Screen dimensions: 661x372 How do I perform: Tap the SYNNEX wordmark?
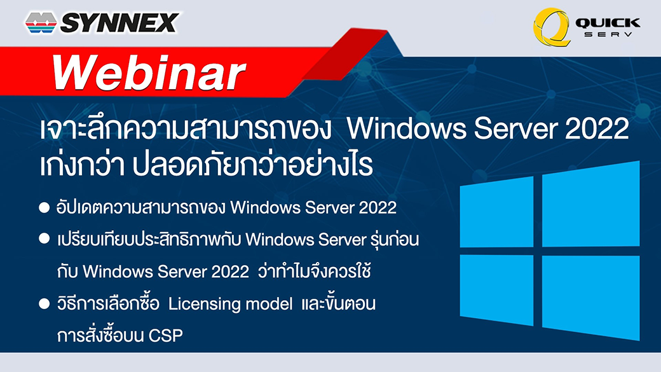click(x=119, y=23)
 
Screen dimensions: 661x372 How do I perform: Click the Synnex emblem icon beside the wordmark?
click(x=41, y=23)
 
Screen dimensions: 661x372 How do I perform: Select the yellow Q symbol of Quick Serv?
click(x=552, y=27)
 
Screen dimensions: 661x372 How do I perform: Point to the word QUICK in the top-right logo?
click(x=608, y=23)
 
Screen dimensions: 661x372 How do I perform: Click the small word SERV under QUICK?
click(x=608, y=34)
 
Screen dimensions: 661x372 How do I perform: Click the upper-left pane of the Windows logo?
click(x=496, y=212)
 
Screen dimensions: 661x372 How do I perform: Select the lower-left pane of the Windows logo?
click(x=496, y=290)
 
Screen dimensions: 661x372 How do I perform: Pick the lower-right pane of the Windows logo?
click(x=590, y=298)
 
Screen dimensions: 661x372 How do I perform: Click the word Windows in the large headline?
click(x=407, y=128)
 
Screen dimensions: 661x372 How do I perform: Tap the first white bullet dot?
click(x=44, y=207)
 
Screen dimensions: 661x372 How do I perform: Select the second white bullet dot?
click(x=44, y=238)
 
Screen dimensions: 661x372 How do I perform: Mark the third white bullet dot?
click(x=44, y=304)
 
